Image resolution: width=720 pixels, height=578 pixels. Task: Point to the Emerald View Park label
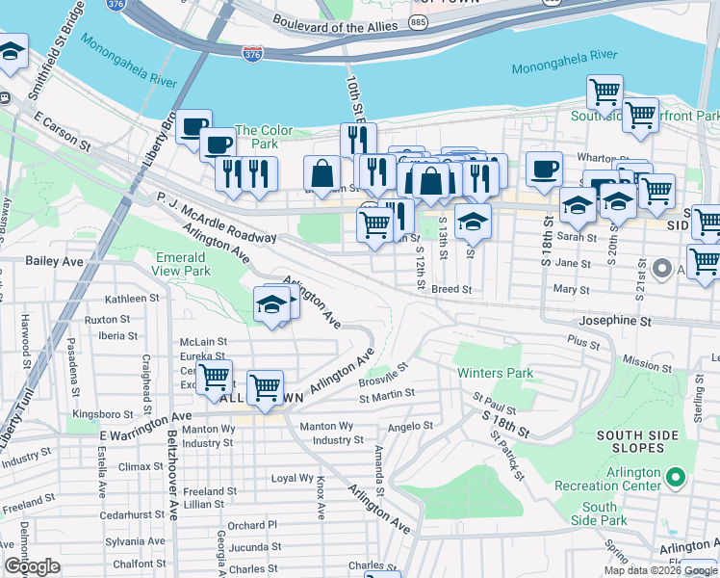pyautogui.click(x=183, y=264)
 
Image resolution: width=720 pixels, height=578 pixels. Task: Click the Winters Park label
pyautogui.click(x=495, y=372)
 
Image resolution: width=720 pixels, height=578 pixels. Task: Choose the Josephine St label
pyautogui.click(x=615, y=320)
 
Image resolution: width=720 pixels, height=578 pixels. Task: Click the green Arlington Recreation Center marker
pyautogui.click(x=676, y=477)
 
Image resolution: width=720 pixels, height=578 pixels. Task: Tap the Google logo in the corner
pyautogui.click(x=32, y=566)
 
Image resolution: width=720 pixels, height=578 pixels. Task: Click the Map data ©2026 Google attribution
pyautogui.click(x=660, y=570)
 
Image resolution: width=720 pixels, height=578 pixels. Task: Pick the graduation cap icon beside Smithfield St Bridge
pyautogui.click(x=11, y=54)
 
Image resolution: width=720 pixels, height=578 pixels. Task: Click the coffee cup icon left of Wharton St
pyautogui.click(x=544, y=170)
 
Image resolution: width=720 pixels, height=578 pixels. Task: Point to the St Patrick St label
pyautogui.click(x=506, y=455)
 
